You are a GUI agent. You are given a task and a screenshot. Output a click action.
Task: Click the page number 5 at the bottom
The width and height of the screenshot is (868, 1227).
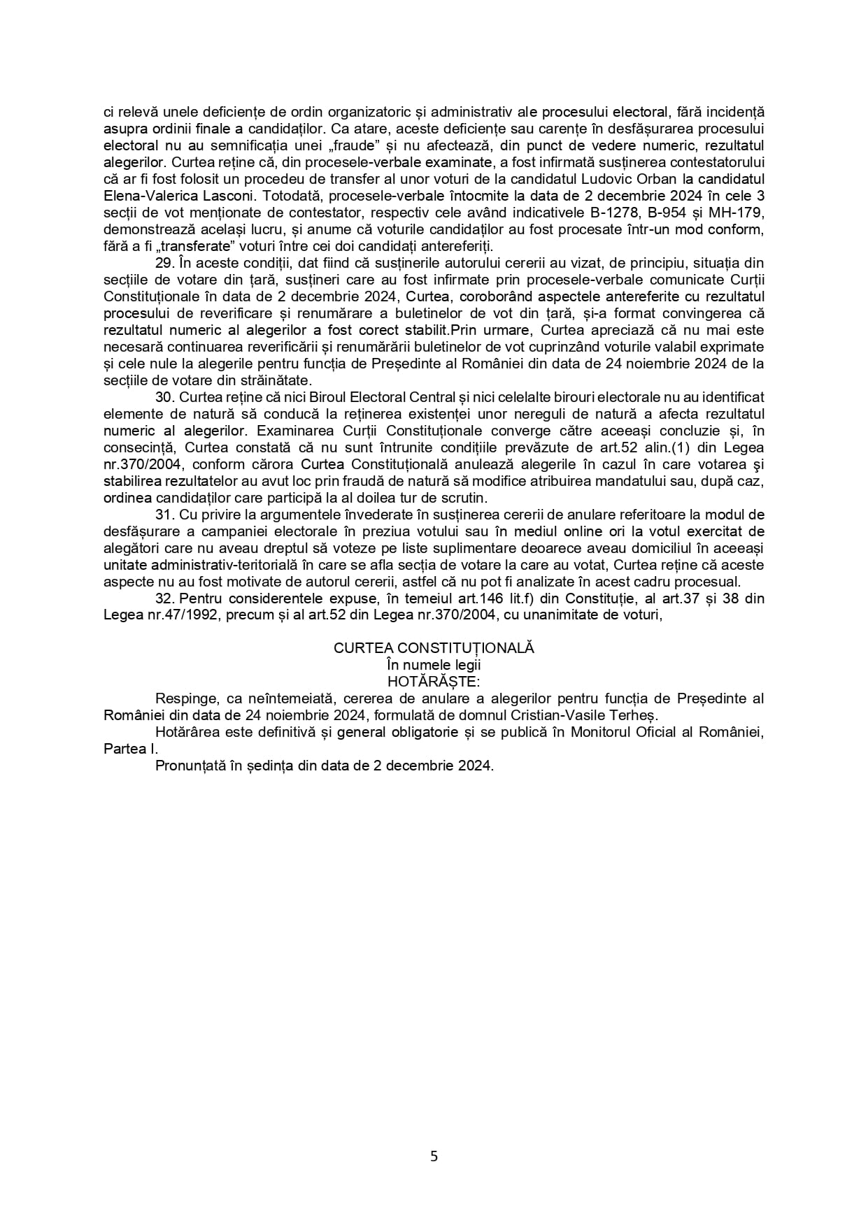click(x=434, y=1156)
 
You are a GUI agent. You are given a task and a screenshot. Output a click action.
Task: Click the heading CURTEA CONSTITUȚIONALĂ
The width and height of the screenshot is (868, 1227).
click(x=434, y=648)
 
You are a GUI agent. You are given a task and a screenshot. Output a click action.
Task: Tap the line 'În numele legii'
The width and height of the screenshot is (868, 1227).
click(x=434, y=665)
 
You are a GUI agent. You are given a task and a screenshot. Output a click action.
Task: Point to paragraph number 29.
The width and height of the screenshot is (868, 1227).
click(x=164, y=263)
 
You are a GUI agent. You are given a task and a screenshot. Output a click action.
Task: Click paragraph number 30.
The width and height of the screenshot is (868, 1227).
click(x=164, y=398)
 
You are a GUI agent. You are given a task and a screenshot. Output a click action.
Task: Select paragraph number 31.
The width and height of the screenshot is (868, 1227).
click(x=164, y=515)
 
